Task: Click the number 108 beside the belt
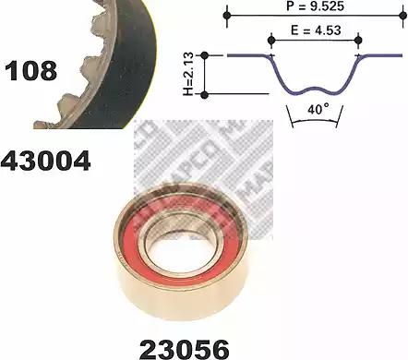click(x=30, y=71)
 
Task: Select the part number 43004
click(x=45, y=161)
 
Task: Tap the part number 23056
click(x=185, y=349)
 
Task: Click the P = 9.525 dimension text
click(x=315, y=6)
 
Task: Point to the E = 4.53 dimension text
click(x=316, y=30)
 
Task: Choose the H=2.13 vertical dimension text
click(x=188, y=74)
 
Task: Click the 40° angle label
click(x=318, y=109)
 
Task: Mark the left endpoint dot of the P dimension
click(x=227, y=15)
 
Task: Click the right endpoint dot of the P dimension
click(x=402, y=15)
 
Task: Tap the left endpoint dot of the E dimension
click(x=271, y=40)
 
